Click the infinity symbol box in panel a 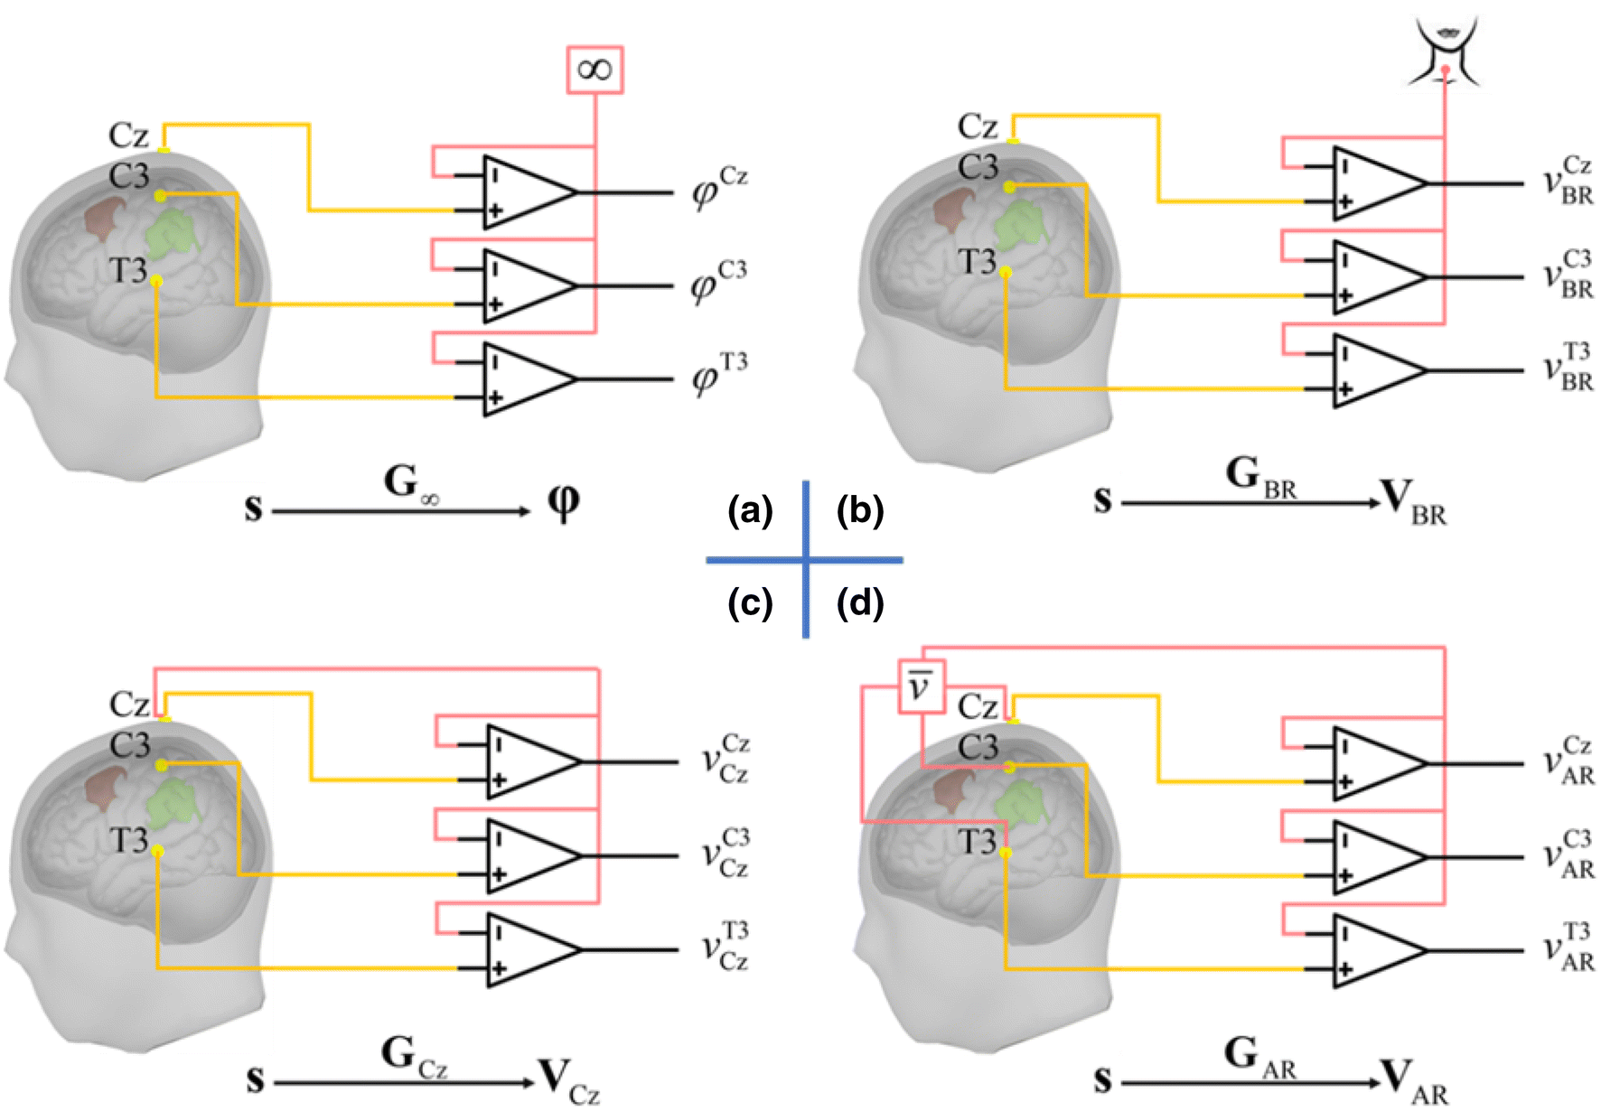595,70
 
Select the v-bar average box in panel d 921,686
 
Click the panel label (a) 750,511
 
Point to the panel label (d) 859,602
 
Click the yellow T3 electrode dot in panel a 156,282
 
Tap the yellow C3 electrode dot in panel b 1009,187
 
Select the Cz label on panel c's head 129,704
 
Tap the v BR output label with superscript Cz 1568,181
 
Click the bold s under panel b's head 1101,499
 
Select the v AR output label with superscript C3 1568,854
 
